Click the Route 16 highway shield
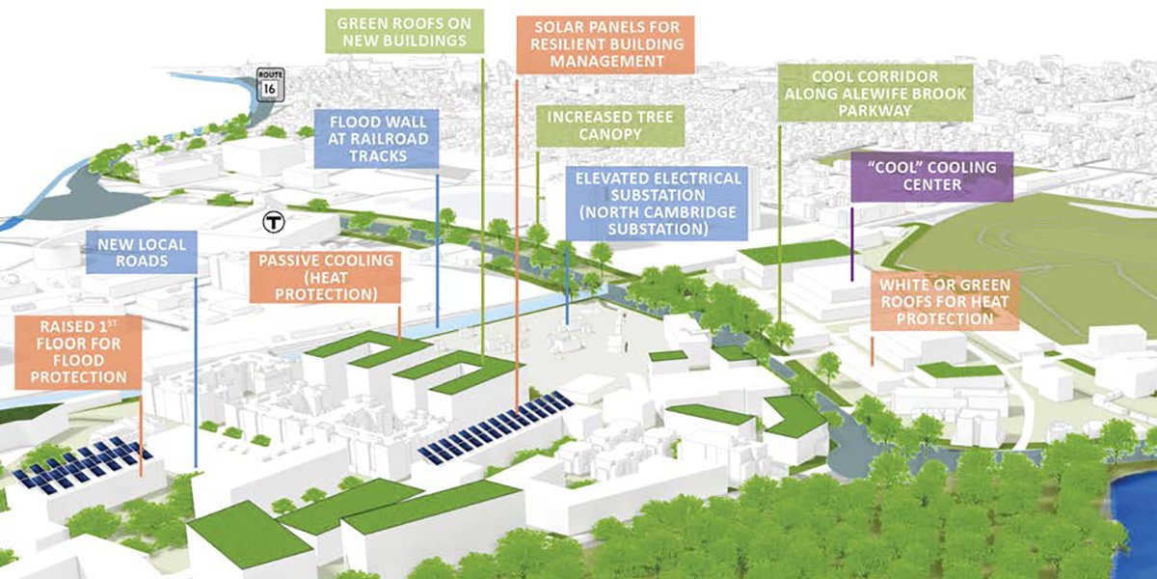click(269, 84)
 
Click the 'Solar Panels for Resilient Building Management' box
click(605, 43)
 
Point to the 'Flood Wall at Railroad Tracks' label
click(377, 139)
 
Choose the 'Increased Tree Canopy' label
click(609, 125)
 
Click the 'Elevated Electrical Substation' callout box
click(657, 204)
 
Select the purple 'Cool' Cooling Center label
click(931, 176)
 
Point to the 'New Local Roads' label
click(142, 251)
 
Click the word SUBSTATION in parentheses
click(656, 230)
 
